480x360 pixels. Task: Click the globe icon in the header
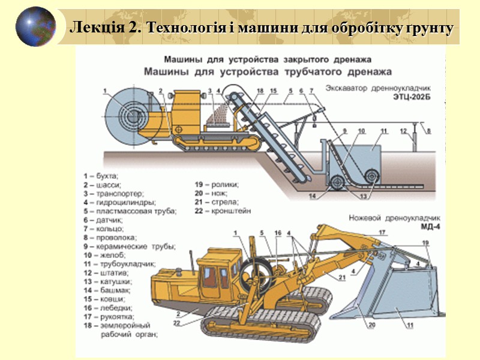(x=35, y=26)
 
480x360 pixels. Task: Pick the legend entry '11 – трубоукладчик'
(x=120, y=263)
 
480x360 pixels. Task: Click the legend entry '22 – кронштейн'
(x=223, y=211)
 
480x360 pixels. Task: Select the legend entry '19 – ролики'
(x=217, y=185)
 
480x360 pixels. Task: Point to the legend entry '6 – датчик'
(x=103, y=220)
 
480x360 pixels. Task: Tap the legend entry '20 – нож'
(x=212, y=194)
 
